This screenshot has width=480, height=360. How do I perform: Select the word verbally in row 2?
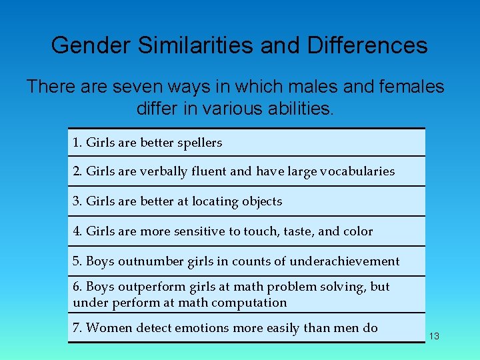[162, 171]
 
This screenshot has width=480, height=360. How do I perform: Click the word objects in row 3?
[262, 201]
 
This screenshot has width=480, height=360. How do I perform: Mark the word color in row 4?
[357, 231]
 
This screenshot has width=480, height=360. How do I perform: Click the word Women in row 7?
[108, 328]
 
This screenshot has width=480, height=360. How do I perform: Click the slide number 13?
[434, 336]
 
